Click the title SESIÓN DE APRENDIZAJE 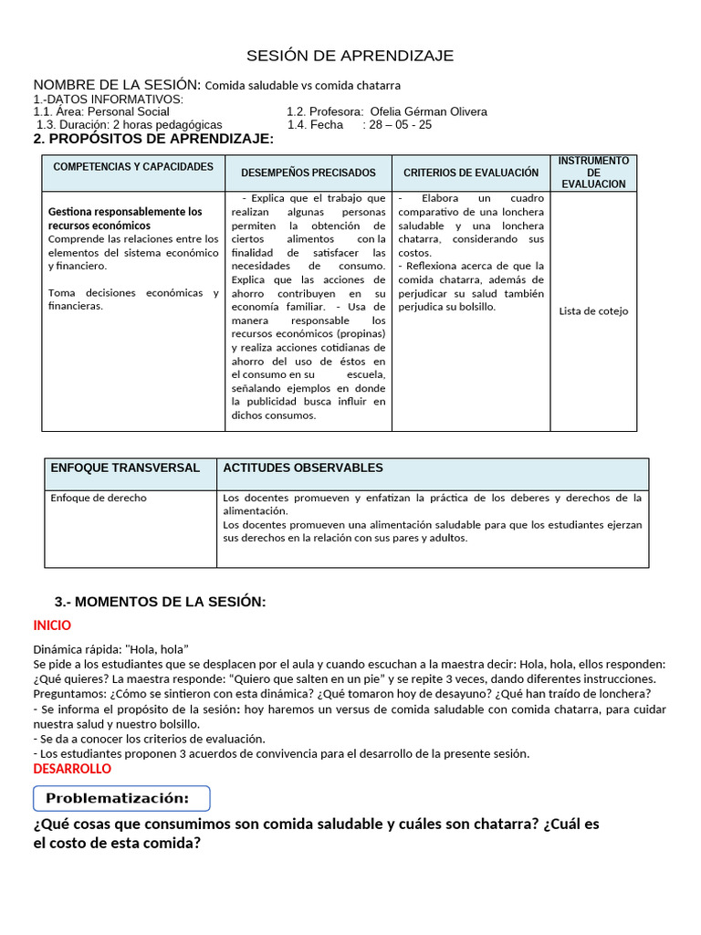(x=351, y=57)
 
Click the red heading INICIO (x=52, y=625)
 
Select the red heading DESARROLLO (x=72, y=769)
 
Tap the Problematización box (x=121, y=799)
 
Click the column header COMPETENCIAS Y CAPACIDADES (x=133, y=167)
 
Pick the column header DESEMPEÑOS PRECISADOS (x=308, y=173)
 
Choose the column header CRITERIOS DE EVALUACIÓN (x=471, y=173)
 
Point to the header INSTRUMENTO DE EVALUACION (x=593, y=173)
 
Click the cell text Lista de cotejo (x=593, y=311)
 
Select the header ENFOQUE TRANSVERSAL (x=125, y=467)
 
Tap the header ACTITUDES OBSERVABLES (x=303, y=467)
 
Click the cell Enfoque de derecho (x=99, y=499)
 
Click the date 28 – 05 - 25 (x=400, y=125)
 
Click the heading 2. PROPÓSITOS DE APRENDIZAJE (x=153, y=139)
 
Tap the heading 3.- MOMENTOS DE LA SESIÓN (x=161, y=602)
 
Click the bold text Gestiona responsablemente (x=125, y=212)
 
